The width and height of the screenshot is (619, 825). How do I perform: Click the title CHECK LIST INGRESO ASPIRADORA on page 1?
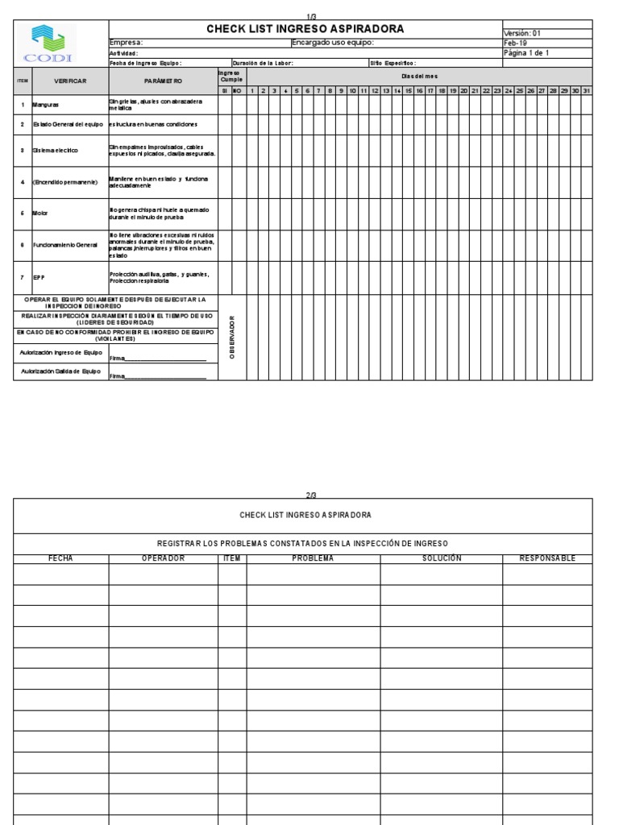tap(305, 30)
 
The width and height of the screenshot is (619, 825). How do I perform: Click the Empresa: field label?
tap(126, 43)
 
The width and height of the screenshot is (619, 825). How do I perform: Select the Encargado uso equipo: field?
tap(333, 43)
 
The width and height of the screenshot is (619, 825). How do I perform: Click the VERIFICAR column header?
tap(69, 81)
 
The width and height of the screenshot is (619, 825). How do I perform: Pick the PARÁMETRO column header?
tap(163, 81)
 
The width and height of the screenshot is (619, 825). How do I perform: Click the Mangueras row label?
tap(48, 105)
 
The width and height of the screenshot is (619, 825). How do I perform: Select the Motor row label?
tap(40, 214)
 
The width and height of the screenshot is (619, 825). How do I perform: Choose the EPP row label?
tap(39, 277)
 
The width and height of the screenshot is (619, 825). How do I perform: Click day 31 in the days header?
tap(587, 90)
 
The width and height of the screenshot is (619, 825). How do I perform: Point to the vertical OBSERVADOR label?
tap(233, 337)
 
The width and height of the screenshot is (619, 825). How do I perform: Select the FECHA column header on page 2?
tap(61, 558)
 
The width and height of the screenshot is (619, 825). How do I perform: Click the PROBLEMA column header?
tap(313, 558)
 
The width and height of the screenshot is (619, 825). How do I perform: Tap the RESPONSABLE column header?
tap(547, 558)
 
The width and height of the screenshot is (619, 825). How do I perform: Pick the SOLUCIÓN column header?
tap(442, 558)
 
